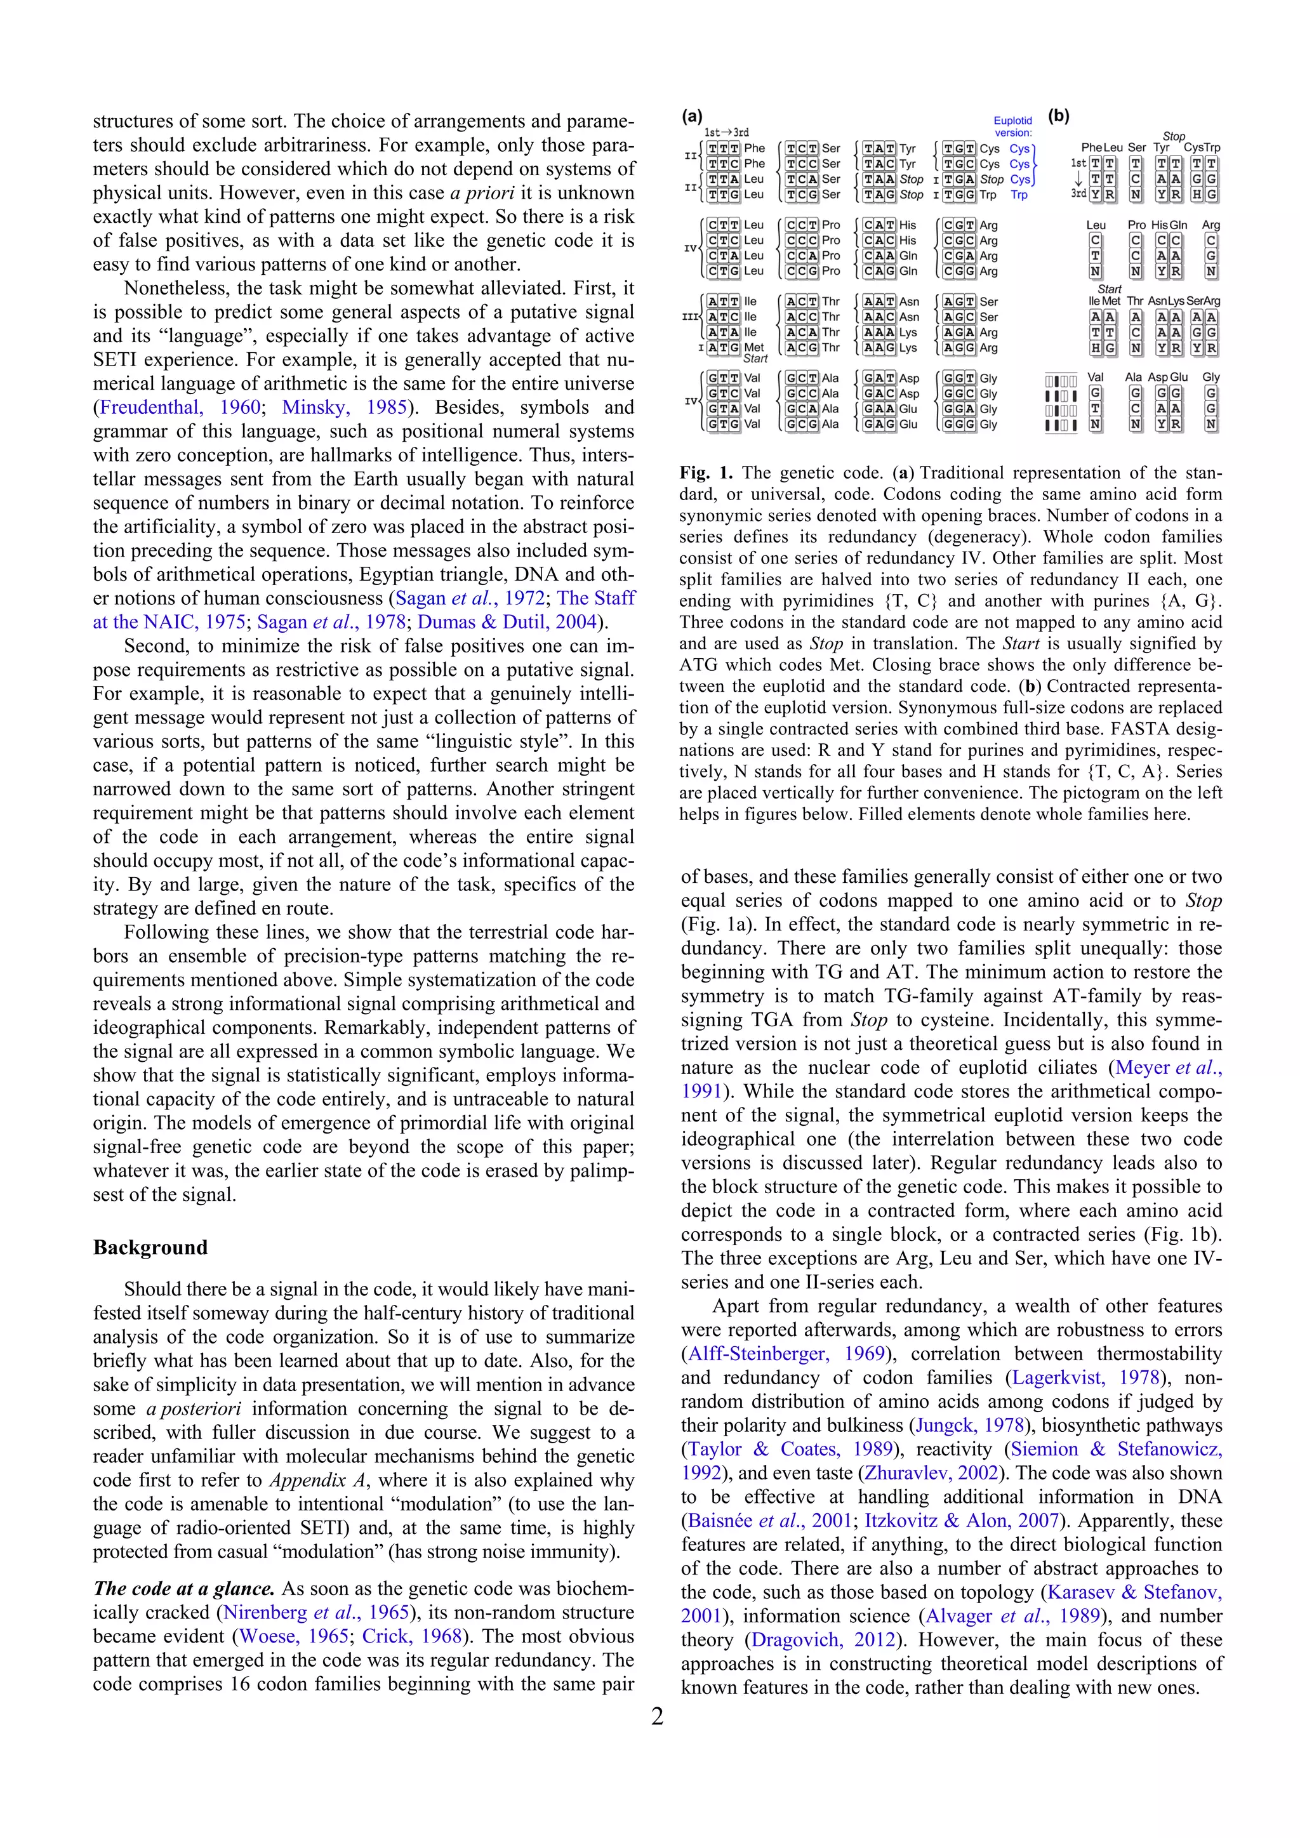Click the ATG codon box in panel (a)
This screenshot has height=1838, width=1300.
tap(723, 347)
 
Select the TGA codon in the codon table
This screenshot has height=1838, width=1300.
tap(959, 180)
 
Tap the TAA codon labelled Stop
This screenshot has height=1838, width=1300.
tap(879, 180)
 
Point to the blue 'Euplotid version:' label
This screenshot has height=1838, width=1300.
tap(1012, 126)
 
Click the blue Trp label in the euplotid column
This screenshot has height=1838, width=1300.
tap(1018, 195)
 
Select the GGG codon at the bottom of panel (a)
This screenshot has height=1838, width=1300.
tap(959, 425)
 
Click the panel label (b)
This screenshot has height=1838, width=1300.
tap(1058, 116)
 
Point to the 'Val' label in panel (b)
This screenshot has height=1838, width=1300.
tap(1095, 377)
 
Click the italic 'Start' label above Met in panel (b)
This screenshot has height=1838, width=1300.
tap(1109, 289)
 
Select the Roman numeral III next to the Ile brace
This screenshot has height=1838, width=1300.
tap(689, 317)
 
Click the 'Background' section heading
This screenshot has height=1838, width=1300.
tap(150, 1247)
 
